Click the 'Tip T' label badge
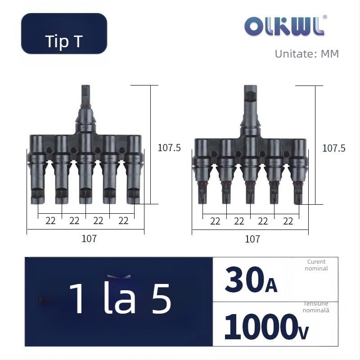(64, 33)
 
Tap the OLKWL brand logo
(284, 27)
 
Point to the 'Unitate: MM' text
(307, 54)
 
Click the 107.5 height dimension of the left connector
(169, 148)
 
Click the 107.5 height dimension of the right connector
(334, 148)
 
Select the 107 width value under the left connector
(89, 239)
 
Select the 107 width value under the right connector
(252, 239)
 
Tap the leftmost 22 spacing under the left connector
(50, 221)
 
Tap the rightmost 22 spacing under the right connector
(288, 221)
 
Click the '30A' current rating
(251, 280)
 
